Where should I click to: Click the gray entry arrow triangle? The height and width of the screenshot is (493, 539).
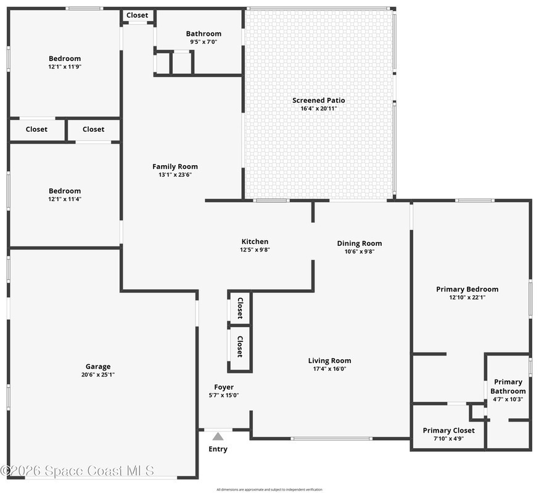click(218, 436)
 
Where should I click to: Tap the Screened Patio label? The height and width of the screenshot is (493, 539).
click(319, 100)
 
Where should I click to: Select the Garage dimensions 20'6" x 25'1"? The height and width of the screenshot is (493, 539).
click(98, 375)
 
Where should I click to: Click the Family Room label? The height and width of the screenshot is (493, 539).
click(175, 166)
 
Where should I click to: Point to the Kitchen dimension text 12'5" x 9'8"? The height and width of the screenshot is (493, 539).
click(255, 250)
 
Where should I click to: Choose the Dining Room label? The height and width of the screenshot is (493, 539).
click(360, 243)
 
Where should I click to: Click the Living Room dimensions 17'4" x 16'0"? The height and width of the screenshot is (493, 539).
click(329, 369)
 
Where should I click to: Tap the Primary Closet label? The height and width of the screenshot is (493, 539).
click(448, 431)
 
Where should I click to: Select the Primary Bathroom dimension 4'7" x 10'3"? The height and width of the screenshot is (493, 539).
click(508, 399)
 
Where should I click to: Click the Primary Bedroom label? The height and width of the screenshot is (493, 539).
click(467, 289)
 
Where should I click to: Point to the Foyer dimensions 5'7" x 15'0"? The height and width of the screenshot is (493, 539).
click(224, 395)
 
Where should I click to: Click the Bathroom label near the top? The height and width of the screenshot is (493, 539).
click(204, 34)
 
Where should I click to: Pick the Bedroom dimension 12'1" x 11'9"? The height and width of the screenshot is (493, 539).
click(65, 67)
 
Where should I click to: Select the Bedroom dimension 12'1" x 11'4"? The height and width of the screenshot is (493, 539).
click(65, 199)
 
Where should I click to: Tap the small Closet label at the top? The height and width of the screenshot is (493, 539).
click(137, 15)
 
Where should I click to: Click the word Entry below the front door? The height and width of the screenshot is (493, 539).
click(218, 449)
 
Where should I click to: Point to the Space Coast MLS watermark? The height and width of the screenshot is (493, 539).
click(77, 471)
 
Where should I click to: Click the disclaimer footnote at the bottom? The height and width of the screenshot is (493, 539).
click(269, 489)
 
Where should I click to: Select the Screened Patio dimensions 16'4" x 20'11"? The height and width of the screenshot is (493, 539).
click(319, 108)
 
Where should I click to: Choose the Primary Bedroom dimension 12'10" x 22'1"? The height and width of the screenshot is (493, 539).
click(467, 298)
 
